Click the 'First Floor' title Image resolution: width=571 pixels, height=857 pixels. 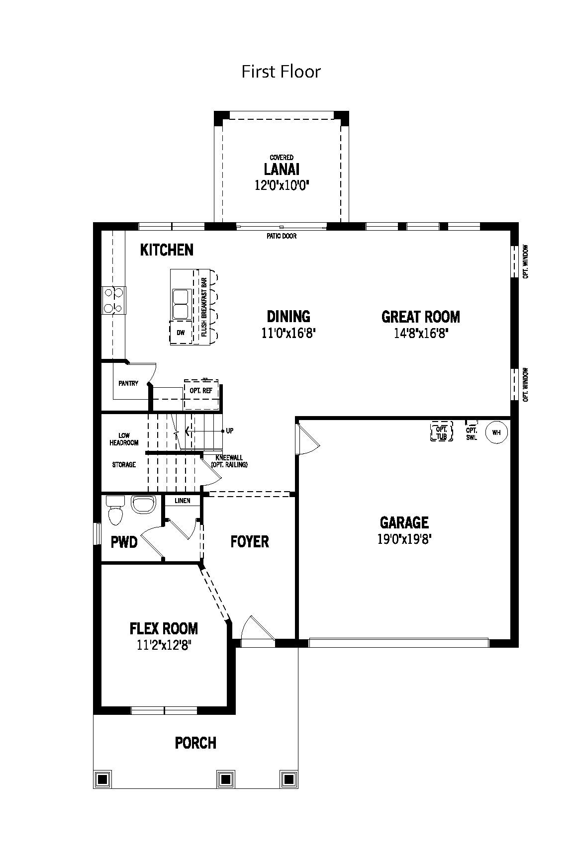281,72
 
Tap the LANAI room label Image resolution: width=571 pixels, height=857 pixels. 282,169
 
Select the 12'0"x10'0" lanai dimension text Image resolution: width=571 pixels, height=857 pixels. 282,185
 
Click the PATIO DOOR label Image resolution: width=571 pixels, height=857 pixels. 282,236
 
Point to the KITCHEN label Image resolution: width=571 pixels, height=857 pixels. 167,250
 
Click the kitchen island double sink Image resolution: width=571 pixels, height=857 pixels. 181,303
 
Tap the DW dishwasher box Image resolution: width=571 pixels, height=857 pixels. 181,333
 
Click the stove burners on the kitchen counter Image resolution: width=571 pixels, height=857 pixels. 114,300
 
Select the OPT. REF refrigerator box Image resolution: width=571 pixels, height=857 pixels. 201,394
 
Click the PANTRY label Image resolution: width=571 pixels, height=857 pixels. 128,383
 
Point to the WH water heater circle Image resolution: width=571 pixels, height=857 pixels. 496,432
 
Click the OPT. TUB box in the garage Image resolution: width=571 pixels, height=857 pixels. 442,432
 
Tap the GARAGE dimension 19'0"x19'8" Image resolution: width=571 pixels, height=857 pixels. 404,539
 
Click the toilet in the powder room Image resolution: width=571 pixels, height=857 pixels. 115,510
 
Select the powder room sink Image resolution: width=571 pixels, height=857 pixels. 144,504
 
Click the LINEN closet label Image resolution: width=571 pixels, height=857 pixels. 183,501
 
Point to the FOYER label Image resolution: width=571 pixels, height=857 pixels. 250,541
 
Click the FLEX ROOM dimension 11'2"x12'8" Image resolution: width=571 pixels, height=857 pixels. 164,645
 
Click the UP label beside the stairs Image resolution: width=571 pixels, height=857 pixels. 229,431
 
